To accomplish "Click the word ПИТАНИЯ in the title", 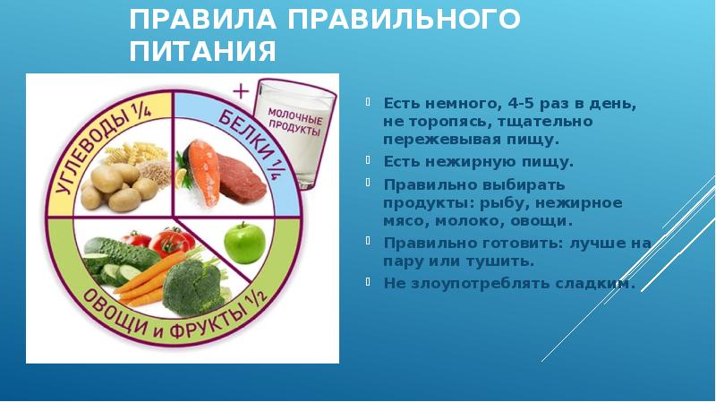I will (202, 51).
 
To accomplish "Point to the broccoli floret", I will (192, 282).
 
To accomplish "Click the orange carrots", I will (147, 274).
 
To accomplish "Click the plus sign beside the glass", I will (239, 91).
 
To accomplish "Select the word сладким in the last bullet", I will (601, 283).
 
